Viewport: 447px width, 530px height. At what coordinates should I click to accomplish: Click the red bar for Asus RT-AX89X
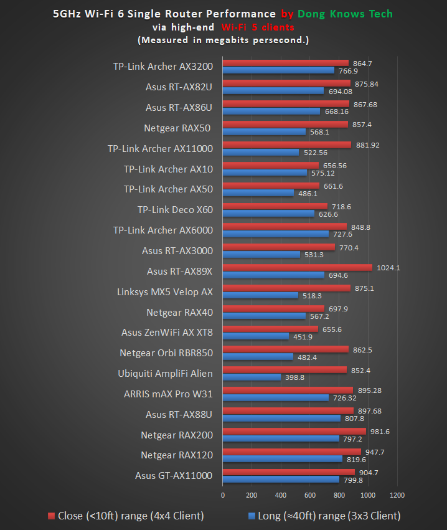[297, 268]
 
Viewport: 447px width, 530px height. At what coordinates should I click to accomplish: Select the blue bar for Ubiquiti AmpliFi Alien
[252, 377]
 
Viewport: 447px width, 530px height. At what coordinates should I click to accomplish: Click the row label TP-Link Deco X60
[175, 210]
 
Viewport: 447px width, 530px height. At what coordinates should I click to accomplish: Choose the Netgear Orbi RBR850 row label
[166, 353]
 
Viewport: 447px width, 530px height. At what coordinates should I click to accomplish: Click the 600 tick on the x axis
[310, 495]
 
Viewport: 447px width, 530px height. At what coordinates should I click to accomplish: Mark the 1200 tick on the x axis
[397, 495]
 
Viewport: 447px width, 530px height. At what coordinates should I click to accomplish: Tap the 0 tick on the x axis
[223, 495]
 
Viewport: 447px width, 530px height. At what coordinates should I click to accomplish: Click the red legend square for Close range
[52, 516]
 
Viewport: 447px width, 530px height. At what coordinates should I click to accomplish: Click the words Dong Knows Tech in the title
[345, 14]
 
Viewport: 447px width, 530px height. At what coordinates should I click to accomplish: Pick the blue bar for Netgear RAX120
[282, 459]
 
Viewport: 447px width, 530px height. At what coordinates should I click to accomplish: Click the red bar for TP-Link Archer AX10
[270, 166]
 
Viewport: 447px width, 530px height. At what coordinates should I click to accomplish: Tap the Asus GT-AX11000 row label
[174, 476]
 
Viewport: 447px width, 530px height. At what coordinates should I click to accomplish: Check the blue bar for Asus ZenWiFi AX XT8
[255, 337]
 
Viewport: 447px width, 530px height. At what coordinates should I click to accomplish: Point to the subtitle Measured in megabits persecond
[223, 40]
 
